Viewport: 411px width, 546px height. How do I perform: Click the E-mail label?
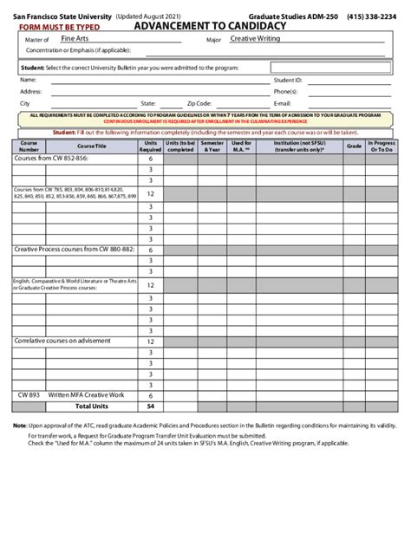click(x=282, y=102)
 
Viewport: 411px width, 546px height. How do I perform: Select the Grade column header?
click(x=354, y=146)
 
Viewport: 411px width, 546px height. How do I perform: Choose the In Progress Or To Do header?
click(x=382, y=146)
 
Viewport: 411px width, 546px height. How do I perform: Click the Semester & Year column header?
click(x=212, y=146)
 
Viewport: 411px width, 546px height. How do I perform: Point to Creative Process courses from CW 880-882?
click(x=74, y=249)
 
